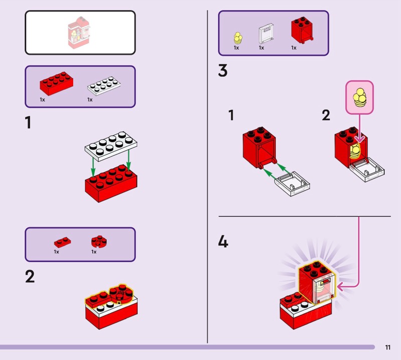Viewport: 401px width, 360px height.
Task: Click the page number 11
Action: point(388,347)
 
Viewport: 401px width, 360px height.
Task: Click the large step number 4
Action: point(223,243)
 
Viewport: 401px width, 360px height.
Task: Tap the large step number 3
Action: point(223,71)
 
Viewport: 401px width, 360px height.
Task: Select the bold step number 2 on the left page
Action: point(30,276)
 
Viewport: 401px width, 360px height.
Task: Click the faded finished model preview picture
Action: point(80,33)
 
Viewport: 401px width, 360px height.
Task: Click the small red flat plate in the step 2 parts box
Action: point(63,241)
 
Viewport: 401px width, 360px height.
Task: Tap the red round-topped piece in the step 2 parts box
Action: point(99,241)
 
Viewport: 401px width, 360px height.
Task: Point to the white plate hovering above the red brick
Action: point(111,143)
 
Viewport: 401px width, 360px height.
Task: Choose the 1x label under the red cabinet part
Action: point(294,48)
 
